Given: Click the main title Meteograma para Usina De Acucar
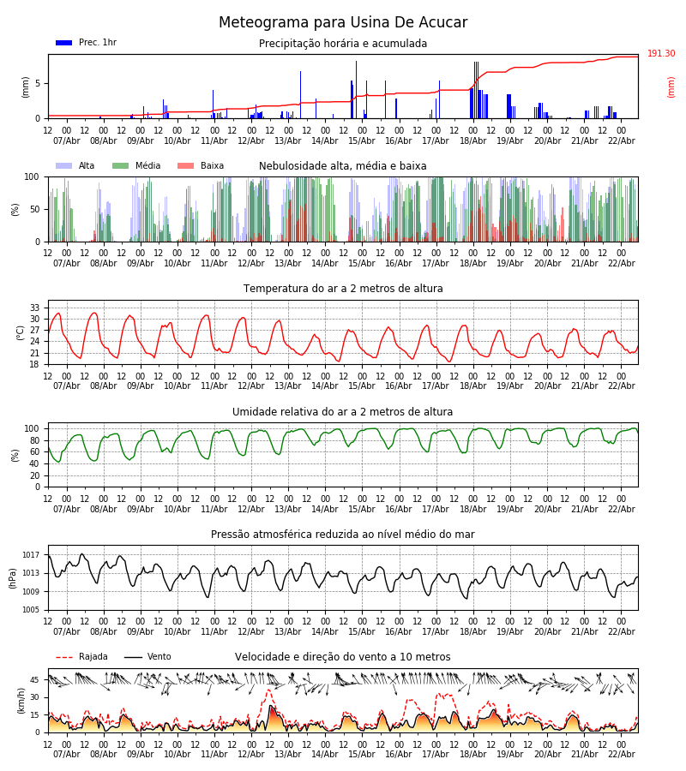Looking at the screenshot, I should click(343, 23).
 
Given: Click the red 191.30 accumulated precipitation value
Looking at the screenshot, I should click(661, 54).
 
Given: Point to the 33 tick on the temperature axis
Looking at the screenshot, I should click(35, 308).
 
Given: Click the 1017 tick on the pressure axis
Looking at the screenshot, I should click(31, 555).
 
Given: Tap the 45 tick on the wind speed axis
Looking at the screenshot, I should click(35, 680).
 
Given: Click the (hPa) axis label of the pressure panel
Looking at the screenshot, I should click(13, 577).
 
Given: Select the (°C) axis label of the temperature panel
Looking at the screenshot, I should click(21, 332).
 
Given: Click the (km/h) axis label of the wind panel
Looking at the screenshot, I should click(21, 700).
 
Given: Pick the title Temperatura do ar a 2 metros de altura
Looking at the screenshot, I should click(343, 289).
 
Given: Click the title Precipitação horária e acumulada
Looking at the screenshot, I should click(343, 44).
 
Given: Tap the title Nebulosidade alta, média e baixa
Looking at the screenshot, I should click(343, 166).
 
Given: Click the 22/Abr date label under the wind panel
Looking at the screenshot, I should click(621, 755).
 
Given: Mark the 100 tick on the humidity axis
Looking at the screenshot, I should click(32, 428).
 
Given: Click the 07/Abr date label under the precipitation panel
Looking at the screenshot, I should click(67, 141).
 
